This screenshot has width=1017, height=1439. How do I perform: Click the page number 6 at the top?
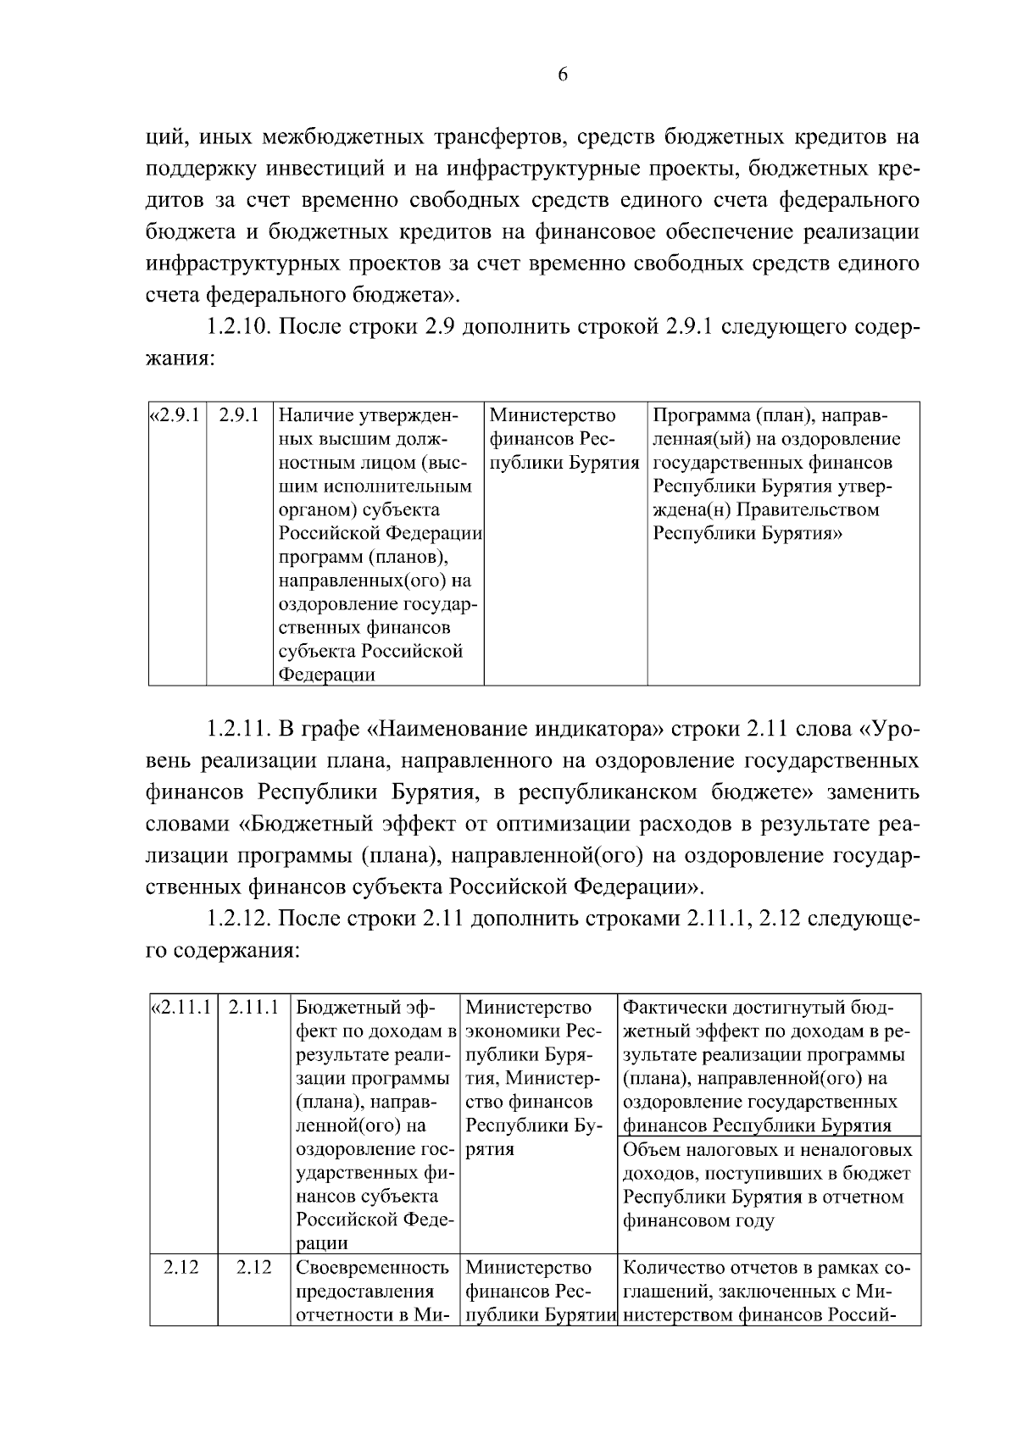pos(563,75)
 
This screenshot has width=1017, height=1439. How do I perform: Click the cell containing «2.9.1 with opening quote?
pos(176,416)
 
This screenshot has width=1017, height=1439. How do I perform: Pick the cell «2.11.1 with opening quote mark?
pos(181,1008)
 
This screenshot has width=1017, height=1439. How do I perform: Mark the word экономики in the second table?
pos(505,1031)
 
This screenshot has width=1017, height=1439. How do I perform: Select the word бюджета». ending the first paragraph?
pos(414,296)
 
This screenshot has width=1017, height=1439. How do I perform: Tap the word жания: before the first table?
pos(180,359)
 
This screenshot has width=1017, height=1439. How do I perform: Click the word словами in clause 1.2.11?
pos(186,824)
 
